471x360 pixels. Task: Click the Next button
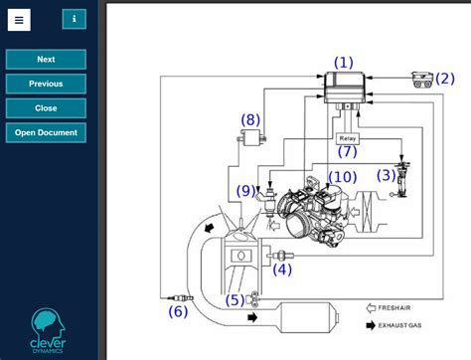(x=46, y=60)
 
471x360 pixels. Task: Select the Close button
(x=46, y=108)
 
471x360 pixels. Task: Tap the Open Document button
(x=46, y=133)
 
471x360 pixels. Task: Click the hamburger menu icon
(x=19, y=19)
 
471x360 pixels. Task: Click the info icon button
(x=74, y=19)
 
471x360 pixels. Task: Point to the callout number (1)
(x=343, y=63)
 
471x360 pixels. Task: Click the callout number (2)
(x=444, y=79)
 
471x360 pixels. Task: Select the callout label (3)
(x=386, y=175)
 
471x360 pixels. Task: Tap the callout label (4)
(x=282, y=269)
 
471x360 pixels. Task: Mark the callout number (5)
(x=234, y=299)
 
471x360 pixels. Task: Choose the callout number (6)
(x=177, y=311)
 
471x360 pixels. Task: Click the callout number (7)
(x=347, y=152)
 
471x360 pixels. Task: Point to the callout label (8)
(x=250, y=120)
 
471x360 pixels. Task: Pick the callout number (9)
(x=245, y=190)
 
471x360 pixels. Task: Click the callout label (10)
(x=342, y=177)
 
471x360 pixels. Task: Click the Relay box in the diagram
(x=347, y=138)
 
